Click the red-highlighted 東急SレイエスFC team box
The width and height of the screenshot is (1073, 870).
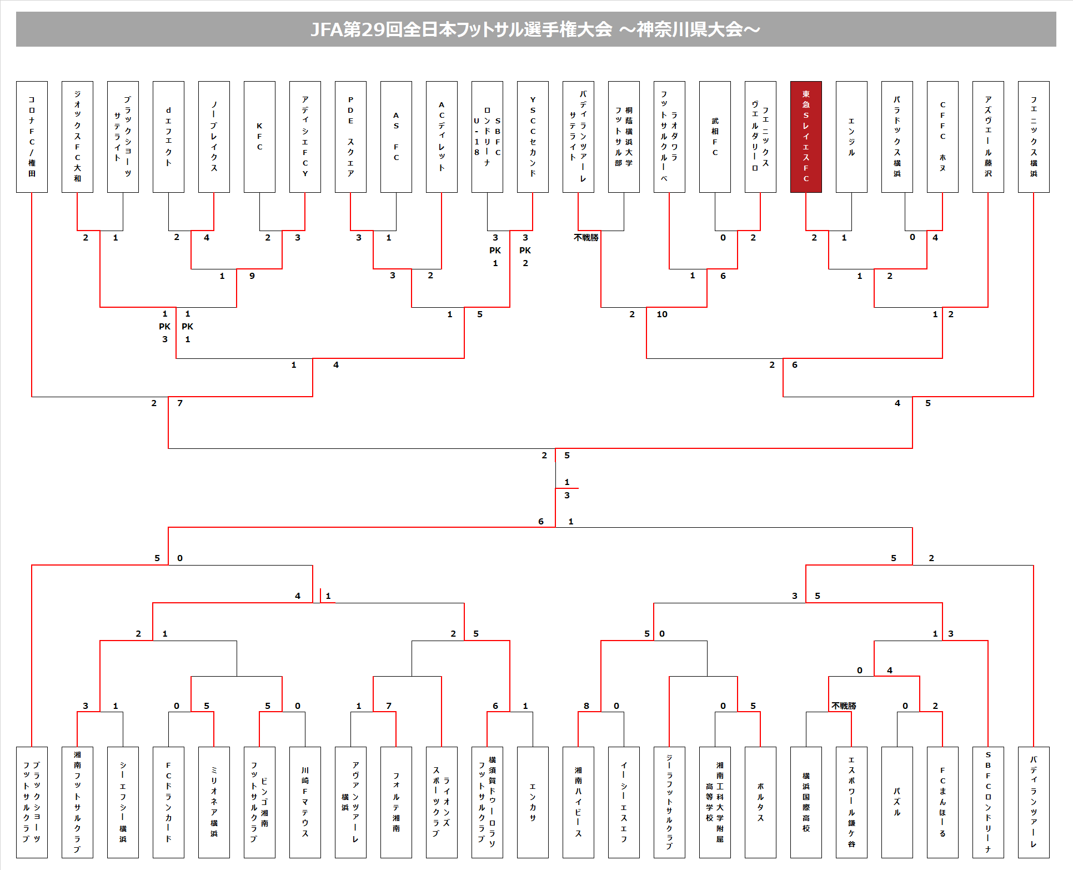(x=805, y=137)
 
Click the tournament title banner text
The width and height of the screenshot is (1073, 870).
(x=535, y=29)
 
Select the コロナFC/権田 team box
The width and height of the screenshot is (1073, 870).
(x=32, y=137)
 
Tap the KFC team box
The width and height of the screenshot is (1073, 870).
(x=259, y=137)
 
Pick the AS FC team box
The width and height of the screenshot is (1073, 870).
(x=396, y=137)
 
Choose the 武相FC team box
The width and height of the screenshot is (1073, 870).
(x=715, y=137)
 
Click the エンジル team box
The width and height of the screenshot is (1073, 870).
(x=851, y=137)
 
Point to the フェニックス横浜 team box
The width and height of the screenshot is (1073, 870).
(x=1034, y=137)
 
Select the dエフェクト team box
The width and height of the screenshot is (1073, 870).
(x=168, y=137)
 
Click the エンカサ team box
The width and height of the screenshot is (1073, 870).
(x=533, y=802)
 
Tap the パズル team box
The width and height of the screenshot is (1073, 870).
(x=897, y=802)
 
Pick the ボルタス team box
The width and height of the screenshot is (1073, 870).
(x=760, y=802)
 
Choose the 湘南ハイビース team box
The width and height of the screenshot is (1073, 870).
(x=578, y=802)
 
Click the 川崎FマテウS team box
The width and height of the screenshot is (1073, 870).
(x=305, y=802)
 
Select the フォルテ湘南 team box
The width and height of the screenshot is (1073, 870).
(x=396, y=802)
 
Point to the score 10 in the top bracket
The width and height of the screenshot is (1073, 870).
(x=662, y=314)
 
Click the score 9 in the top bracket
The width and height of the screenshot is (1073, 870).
(x=252, y=276)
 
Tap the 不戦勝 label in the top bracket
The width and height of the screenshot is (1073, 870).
(x=586, y=238)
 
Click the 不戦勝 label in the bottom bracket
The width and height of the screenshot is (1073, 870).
(x=844, y=706)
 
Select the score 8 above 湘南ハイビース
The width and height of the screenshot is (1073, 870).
(x=586, y=706)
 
